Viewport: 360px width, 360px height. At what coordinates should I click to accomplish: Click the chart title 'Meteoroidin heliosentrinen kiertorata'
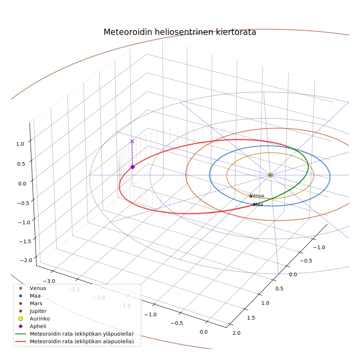[180, 32]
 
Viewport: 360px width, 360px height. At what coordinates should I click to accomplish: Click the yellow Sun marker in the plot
[270, 175]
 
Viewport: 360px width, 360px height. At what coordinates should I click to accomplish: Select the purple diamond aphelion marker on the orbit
[132, 167]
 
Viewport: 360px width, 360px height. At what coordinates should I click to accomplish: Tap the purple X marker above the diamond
[132, 142]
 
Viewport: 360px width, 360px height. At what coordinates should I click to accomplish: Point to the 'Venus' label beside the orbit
[257, 196]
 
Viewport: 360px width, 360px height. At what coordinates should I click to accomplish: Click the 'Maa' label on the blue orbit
[258, 205]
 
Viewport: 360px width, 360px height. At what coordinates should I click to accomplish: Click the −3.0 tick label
[49, 281]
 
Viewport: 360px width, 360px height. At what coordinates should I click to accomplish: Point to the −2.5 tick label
[74, 289]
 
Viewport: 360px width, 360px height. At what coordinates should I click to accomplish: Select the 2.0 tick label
[236, 333]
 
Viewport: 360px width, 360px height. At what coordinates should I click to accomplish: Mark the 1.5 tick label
[251, 318]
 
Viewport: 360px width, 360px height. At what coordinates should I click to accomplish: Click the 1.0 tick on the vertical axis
[20, 144]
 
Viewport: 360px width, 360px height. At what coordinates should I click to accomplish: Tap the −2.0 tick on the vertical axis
[26, 260]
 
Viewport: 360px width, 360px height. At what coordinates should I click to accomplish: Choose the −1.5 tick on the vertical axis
[25, 241]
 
